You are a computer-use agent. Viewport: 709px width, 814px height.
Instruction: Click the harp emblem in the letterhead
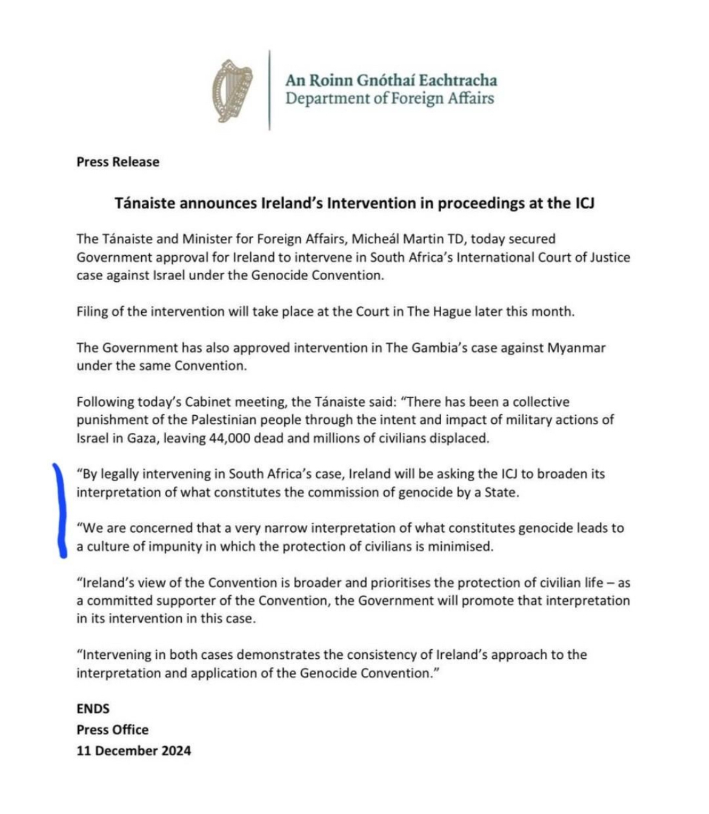pos(232,91)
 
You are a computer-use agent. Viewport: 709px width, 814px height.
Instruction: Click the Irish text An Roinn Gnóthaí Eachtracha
pos(391,80)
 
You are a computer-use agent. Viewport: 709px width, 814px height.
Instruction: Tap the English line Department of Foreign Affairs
pos(390,98)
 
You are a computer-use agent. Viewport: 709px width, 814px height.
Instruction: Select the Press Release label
pos(118,162)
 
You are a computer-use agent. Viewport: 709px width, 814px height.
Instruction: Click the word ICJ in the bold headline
pos(584,203)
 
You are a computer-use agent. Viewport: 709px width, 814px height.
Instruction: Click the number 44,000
pos(230,438)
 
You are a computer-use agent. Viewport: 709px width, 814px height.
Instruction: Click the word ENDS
pos(93,709)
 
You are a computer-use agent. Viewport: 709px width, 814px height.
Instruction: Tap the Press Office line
pos(112,730)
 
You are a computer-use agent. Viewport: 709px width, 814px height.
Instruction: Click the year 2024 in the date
pos(176,750)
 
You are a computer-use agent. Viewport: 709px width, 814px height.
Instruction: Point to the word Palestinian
pos(227,419)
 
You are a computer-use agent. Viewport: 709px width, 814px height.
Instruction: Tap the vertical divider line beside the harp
pos(270,90)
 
